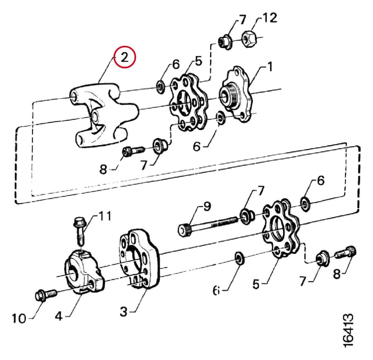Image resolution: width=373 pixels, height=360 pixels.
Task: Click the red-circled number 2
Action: pyautogui.click(x=124, y=57)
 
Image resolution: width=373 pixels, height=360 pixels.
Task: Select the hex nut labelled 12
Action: pyautogui.click(x=249, y=38)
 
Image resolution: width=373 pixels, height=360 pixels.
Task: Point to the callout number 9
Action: pyautogui.click(x=207, y=206)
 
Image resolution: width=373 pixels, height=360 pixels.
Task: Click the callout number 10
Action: pyautogui.click(x=19, y=318)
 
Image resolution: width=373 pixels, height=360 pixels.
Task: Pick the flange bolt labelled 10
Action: pyautogui.click(x=46, y=294)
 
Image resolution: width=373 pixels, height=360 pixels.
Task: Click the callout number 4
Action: pyautogui.click(x=59, y=316)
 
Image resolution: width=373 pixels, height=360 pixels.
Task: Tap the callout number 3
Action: pyautogui.click(x=124, y=311)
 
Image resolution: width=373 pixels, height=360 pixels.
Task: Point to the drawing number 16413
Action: pyautogui.click(x=348, y=331)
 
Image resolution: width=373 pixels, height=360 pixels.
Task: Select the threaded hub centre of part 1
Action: pyautogui.click(x=229, y=96)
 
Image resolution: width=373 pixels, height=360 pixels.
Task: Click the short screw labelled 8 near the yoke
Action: pyautogui.click(x=133, y=151)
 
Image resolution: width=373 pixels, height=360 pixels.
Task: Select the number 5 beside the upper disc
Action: pyautogui.click(x=199, y=61)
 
